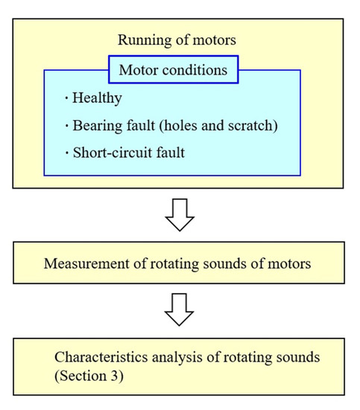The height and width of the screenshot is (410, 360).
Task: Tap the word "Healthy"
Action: tap(97, 98)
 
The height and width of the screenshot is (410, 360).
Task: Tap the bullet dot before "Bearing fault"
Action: tap(66, 124)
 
